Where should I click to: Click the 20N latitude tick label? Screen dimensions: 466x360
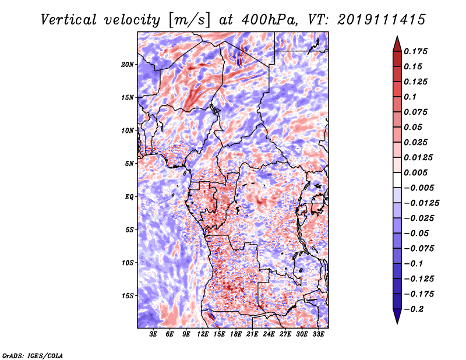pos(128,65)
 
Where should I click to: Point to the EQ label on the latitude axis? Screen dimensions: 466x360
pos(129,197)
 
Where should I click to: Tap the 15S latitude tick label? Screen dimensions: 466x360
pos(128,296)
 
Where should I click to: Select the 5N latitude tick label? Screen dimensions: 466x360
pos(129,164)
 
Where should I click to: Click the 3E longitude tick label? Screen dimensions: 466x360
pos(153,334)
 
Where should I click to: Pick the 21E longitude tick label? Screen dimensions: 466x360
pos(252,334)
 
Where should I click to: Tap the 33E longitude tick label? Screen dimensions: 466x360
pos(318,334)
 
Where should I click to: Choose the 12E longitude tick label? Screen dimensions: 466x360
pos(203,334)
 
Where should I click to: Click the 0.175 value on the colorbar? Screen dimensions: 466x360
pos(415,51)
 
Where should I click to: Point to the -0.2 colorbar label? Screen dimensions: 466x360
pos(414,309)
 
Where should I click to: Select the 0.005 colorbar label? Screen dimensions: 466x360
pos(415,172)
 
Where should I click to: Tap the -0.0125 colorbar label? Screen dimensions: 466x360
pos(421,203)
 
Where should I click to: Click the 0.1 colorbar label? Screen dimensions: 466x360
pos(410,97)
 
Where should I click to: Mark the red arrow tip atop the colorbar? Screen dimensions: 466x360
pos(397,37)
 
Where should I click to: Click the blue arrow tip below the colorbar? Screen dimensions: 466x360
pos(397,323)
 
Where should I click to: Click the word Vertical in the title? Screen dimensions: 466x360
pos(69,20)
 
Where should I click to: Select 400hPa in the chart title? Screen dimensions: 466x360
pos(270,20)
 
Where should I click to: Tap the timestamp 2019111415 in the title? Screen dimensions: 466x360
pos(382,20)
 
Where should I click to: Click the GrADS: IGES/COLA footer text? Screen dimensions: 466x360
pos(33,356)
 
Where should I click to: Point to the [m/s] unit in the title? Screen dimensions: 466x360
pos(189,20)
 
